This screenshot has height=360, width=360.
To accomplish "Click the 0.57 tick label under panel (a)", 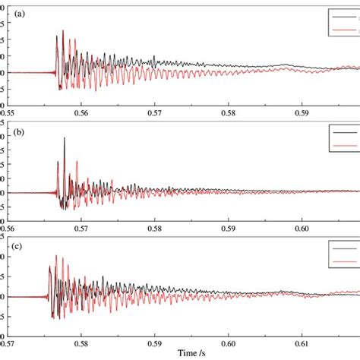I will coord(155,112).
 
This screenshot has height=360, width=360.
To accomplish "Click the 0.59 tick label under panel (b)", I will coord(229,227).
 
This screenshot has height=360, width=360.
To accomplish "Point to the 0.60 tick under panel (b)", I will coord(302,227).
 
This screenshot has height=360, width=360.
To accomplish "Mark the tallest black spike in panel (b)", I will coord(64,139).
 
